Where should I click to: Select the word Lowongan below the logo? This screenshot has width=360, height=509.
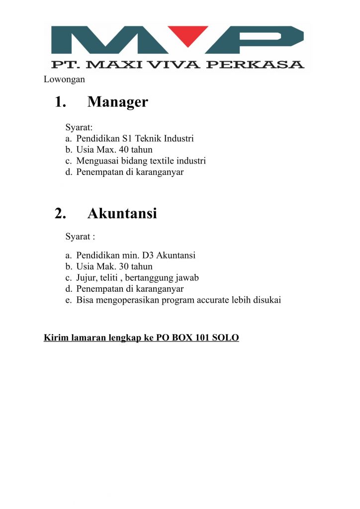[64, 79]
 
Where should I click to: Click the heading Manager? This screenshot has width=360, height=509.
[117, 102]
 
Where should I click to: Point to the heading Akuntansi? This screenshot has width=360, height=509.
[122, 213]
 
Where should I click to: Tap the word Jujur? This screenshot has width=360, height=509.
[87, 278]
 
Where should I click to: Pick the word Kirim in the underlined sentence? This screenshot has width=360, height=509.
[55, 338]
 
